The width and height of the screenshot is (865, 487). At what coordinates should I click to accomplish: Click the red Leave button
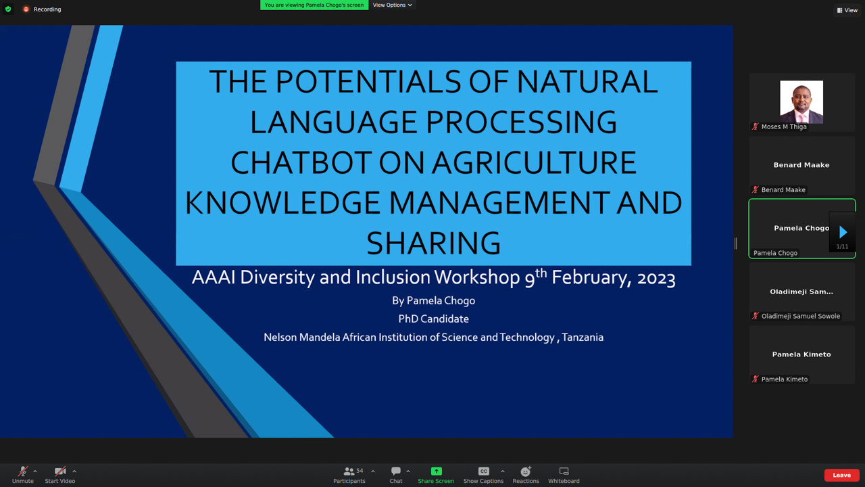point(841,475)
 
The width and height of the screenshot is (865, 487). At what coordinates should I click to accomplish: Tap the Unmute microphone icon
point(23,471)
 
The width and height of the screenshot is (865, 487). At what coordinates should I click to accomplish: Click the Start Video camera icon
point(60,471)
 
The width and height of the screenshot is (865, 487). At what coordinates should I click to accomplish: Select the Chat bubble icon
point(396,471)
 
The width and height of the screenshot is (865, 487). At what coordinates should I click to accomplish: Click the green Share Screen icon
point(436,471)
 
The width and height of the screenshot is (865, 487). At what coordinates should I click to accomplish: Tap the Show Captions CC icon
point(483,471)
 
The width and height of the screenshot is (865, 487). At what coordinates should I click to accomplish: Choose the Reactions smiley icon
point(526,471)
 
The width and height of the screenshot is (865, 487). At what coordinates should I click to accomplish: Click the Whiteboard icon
point(564,471)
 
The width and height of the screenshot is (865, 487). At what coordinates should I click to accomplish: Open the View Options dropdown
point(393,5)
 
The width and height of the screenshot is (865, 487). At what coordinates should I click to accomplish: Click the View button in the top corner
point(847,10)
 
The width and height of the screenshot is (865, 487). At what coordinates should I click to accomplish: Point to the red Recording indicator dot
point(26,9)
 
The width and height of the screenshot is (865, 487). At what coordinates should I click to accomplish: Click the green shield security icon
point(8,9)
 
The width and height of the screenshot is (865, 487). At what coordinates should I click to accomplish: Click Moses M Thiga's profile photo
point(801,102)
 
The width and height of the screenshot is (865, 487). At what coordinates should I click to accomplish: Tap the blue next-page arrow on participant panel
point(843,232)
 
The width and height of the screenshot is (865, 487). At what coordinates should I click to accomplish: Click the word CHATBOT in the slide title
point(301,162)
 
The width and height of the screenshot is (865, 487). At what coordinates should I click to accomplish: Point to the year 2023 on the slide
point(656,278)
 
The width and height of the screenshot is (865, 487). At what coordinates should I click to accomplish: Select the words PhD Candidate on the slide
point(433,319)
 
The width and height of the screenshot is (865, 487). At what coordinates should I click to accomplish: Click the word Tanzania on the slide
point(583,338)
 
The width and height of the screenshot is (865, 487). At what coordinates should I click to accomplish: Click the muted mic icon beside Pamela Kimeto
point(756,379)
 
